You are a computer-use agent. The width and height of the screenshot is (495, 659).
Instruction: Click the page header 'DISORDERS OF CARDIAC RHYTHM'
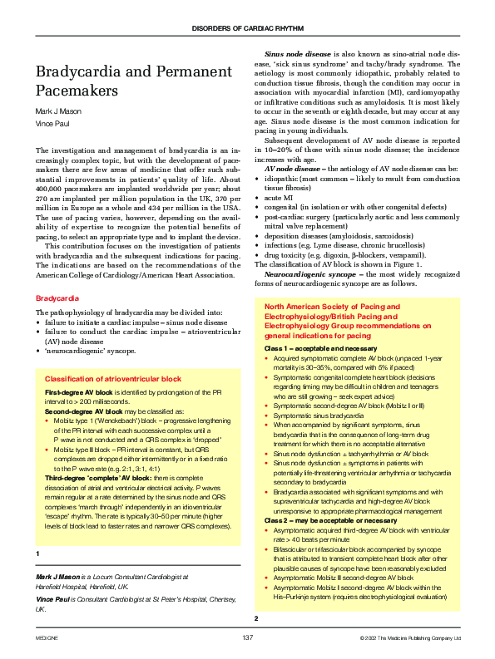247,28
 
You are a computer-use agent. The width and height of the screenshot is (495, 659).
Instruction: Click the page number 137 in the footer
247,637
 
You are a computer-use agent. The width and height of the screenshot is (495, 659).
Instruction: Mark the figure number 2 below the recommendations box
256,618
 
